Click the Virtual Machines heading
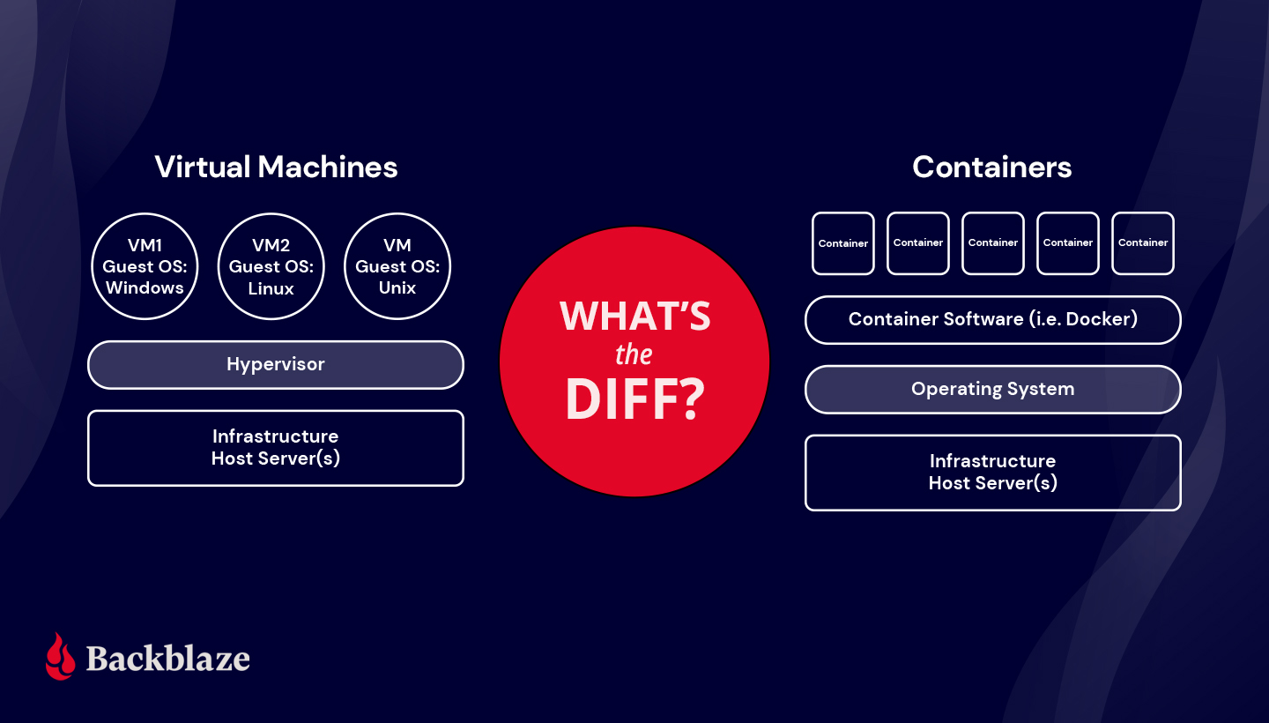pos(276,167)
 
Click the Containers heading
pos(991,167)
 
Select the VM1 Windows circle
pos(145,265)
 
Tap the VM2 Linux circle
pos(271,265)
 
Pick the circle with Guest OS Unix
pos(397,265)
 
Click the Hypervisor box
pos(276,364)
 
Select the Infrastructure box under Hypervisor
pos(276,448)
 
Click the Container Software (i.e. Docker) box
pos(992,319)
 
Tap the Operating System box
pos(992,389)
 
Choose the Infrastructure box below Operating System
pos(992,473)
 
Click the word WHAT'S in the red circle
pos(634,317)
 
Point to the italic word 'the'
pos(634,355)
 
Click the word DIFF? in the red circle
pos(634,399)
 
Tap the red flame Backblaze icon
pos(61,656)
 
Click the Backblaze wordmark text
pos(167,659)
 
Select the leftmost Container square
pos(843,243)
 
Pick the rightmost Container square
pos(1143,243)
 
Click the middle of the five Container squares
pos(993,243)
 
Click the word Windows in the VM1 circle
pos(145,287)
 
